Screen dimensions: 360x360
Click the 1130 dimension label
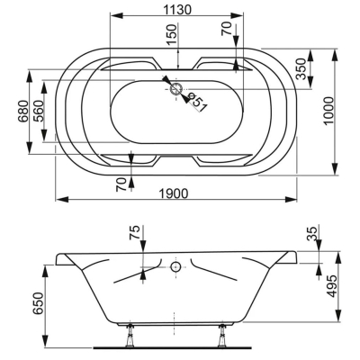point(177,10)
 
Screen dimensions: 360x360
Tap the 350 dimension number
point(301,69)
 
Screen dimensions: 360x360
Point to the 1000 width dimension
point(328,111)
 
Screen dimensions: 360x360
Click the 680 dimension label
point(23,111)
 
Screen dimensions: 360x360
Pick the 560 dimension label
point(38,111)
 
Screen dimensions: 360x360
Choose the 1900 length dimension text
point(174,193)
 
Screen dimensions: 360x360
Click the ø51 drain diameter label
point(197,103)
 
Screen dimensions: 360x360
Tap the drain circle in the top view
point(176,89)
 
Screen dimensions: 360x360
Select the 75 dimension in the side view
point(135,233)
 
